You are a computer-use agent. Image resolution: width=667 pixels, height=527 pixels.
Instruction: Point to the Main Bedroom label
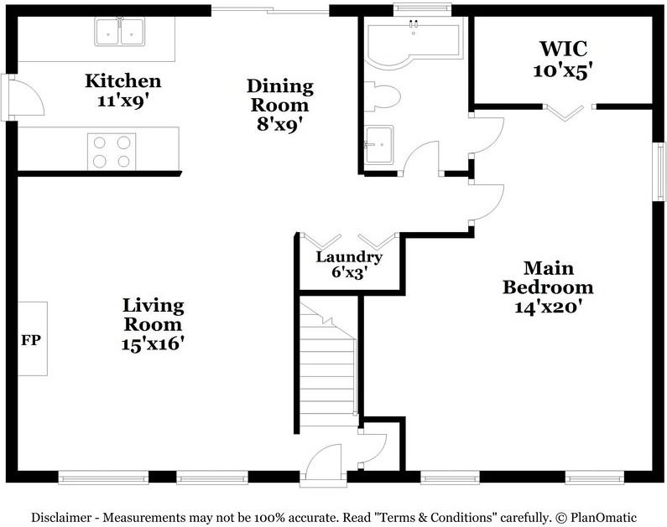pos(548,277)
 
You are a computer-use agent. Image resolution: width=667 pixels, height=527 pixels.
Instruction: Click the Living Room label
pos(154,315)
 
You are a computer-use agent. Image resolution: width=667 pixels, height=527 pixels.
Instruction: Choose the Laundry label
pos(349,257)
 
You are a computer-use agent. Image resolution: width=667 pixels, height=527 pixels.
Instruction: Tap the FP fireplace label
pos(31,339)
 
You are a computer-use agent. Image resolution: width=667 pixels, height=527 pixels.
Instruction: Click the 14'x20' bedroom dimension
pos(548,306)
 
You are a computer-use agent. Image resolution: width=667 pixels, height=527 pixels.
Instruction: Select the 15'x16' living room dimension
pos(153,344)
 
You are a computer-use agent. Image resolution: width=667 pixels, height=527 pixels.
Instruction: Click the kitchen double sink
pos(119,32)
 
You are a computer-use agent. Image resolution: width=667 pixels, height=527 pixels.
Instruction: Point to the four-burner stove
pos(112,152)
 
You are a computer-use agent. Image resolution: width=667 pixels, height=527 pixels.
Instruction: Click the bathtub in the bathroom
pos(413,44)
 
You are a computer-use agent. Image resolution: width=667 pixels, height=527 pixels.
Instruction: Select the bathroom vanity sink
pos(379,145)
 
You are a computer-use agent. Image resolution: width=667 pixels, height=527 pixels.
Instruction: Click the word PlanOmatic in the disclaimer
pos(603,518)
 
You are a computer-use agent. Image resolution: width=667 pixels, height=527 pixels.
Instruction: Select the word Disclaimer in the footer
pos(61,518)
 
